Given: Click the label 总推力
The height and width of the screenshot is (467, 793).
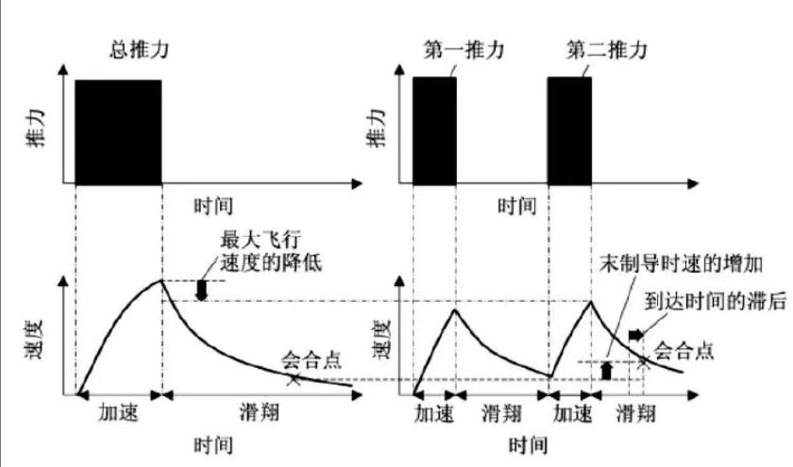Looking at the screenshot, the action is point(139,50).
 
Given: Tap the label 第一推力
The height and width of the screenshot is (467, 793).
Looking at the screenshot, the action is point(464,50).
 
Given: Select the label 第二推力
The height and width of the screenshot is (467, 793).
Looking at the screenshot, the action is point(607,50).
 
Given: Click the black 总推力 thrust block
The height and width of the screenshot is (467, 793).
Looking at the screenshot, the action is point(118,131).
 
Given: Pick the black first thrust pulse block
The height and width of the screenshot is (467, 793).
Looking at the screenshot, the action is point(434,130).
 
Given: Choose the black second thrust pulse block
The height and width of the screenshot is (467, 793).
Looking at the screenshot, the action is point(569,130).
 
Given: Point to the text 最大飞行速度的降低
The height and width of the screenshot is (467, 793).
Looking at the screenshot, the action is point(271,251).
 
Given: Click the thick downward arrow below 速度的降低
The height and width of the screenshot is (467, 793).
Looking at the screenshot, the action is point(202,290).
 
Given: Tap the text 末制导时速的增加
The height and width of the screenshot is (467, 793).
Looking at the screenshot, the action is point(681,264).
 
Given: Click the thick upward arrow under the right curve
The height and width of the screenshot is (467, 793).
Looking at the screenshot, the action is point(606,371).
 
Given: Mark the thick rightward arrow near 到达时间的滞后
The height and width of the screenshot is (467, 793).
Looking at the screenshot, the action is point(636,335).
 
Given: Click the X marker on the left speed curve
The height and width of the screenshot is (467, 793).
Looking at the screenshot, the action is point(294,379).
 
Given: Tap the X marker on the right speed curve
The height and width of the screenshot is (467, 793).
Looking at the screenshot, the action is point(643,361).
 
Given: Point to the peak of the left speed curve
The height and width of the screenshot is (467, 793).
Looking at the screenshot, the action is point(161,280).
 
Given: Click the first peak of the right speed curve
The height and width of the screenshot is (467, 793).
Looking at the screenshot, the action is point(455,309).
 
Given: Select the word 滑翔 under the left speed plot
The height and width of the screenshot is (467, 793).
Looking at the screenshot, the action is point(260,413).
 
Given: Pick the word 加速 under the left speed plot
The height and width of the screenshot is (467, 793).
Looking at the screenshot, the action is point(118,413).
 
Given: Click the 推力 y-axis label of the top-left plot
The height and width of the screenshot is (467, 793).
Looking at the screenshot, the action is point(36,129).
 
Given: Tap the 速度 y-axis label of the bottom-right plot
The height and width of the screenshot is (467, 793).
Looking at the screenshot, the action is point(383,339).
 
